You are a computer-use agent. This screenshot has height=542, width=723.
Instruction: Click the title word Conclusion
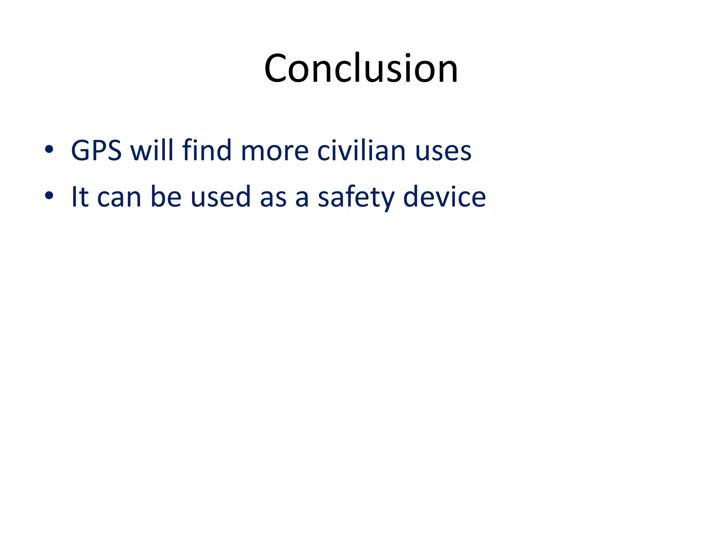(x=361, y=68)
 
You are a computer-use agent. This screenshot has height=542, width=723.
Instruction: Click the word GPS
(x=96, y=151)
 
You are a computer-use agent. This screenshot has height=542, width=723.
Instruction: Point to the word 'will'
(x=152, y=150)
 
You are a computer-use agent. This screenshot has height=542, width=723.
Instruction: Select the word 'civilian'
(x=361, y=150)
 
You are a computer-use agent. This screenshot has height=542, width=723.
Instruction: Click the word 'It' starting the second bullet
(x=80, y=197)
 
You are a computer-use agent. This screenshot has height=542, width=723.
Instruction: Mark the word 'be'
(x=166, y=197)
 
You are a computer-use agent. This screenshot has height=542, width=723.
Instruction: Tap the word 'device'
(x=444, y=197)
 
